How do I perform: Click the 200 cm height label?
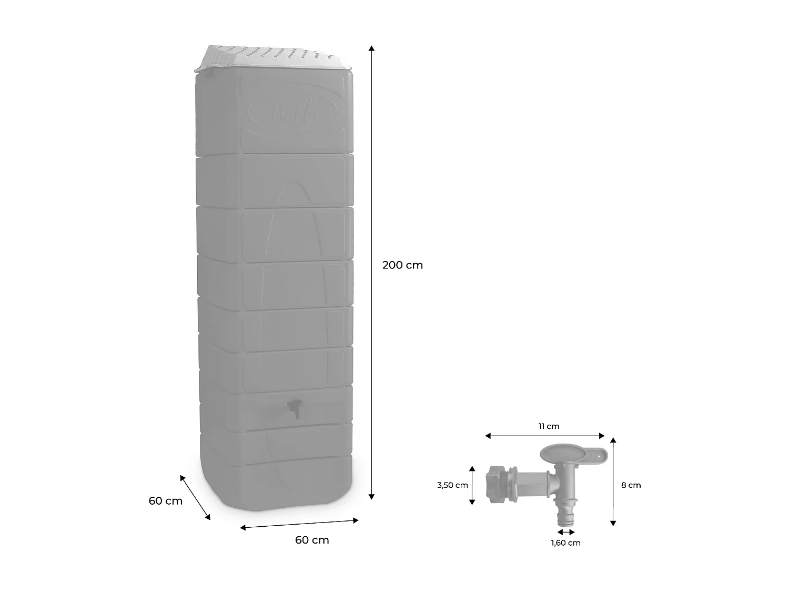tap(402, 265)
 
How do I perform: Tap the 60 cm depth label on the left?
tap(165, 501)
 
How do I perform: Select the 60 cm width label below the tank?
tap(312, 540)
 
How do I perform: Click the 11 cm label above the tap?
tap(549, 426)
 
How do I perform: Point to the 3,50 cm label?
tap(452, 485)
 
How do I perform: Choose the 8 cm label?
tap(631, 485)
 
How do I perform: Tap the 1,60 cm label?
tap(565, 543)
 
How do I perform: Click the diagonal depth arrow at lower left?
tap(195, 497)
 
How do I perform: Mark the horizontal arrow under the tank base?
tap(299, 524)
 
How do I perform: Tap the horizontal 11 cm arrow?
tap(545, 436)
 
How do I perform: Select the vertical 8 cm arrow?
tap(613, 481)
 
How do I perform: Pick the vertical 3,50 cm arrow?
tap(472, 485)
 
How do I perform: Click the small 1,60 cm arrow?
tap(565, 533)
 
